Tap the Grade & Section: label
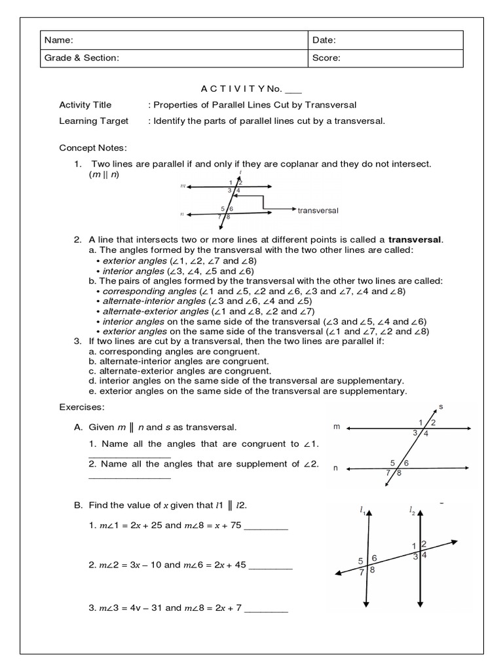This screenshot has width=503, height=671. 82,58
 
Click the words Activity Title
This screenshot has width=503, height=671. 85,105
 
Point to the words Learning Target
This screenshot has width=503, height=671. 94,121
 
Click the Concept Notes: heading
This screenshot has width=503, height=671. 93,148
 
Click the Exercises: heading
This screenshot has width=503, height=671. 82,407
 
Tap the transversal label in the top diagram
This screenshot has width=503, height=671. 318,210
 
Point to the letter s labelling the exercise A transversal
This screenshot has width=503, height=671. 441,406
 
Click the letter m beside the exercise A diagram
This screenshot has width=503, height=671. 337,427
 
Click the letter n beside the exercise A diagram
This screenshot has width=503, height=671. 336,468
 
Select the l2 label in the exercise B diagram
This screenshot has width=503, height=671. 412,510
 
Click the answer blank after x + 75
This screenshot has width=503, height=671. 266,527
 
